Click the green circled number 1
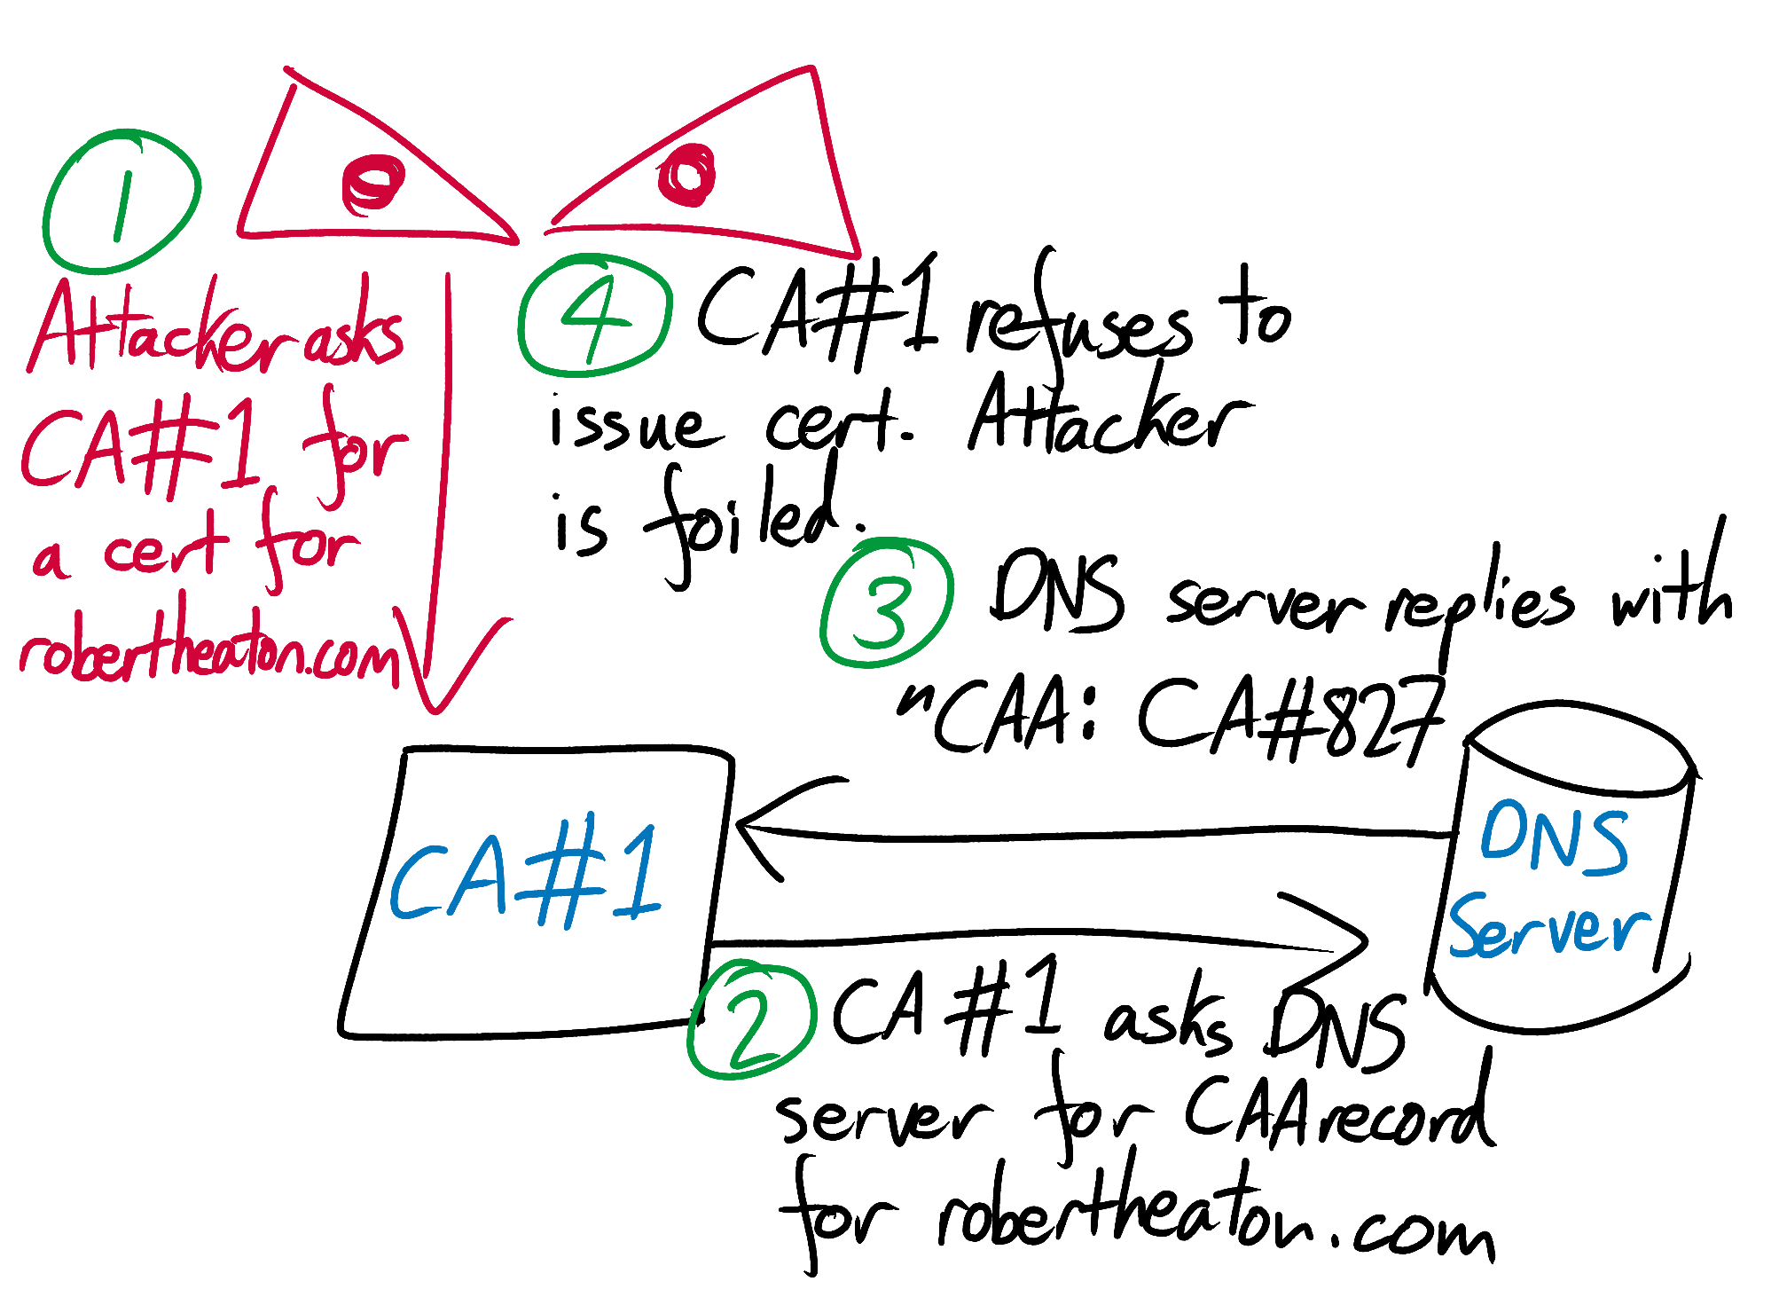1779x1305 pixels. coord(121,200)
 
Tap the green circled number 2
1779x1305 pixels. coord(751,1019)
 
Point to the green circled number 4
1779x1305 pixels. coord(595,315)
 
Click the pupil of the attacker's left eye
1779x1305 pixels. coord(372,185)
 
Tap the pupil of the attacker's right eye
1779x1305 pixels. coord(686,174)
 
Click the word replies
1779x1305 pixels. coord(1483,608)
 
